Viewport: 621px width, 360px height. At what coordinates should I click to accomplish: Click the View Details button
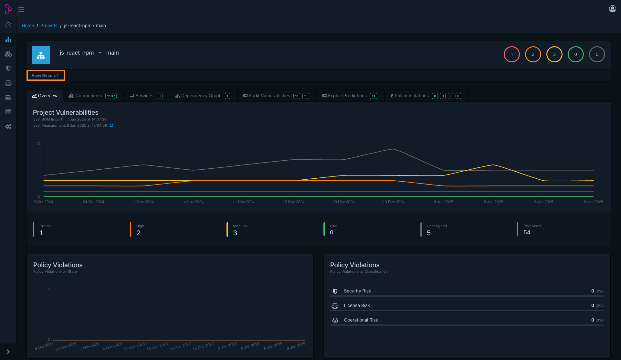point(45,75)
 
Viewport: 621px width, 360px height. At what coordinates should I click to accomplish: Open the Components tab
point(89,96)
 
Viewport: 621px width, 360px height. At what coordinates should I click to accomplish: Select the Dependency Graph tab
point(201,96)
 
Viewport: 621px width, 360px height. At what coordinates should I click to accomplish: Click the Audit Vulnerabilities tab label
point(269,96)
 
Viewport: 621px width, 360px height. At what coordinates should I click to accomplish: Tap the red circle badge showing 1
point(512,54)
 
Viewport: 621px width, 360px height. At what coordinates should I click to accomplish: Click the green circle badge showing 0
point(576,54)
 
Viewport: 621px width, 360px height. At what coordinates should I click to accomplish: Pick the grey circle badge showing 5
point(597,54)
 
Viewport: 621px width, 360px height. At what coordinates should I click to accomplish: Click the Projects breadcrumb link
point(49,26)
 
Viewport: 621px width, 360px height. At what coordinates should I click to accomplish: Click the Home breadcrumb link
point(28,26)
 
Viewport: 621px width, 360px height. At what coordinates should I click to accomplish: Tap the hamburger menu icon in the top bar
point(21,9)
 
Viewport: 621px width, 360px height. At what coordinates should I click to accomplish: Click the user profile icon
point(612,9)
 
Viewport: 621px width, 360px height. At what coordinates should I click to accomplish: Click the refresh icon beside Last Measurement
point(112,125)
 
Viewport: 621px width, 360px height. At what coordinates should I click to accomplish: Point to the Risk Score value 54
point(527,232)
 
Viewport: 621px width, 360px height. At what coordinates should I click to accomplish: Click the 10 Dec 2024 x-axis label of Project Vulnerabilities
point(394,202)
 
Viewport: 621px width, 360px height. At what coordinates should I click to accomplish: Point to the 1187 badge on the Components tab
point(111,96)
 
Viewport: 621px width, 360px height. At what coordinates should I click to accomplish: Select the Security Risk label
point(357,291)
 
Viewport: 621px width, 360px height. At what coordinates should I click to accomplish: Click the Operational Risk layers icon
point(335,320)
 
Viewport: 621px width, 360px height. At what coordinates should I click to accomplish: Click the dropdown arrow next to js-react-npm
point(100,53)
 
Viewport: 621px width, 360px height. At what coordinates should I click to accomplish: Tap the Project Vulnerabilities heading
point(66,112)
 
